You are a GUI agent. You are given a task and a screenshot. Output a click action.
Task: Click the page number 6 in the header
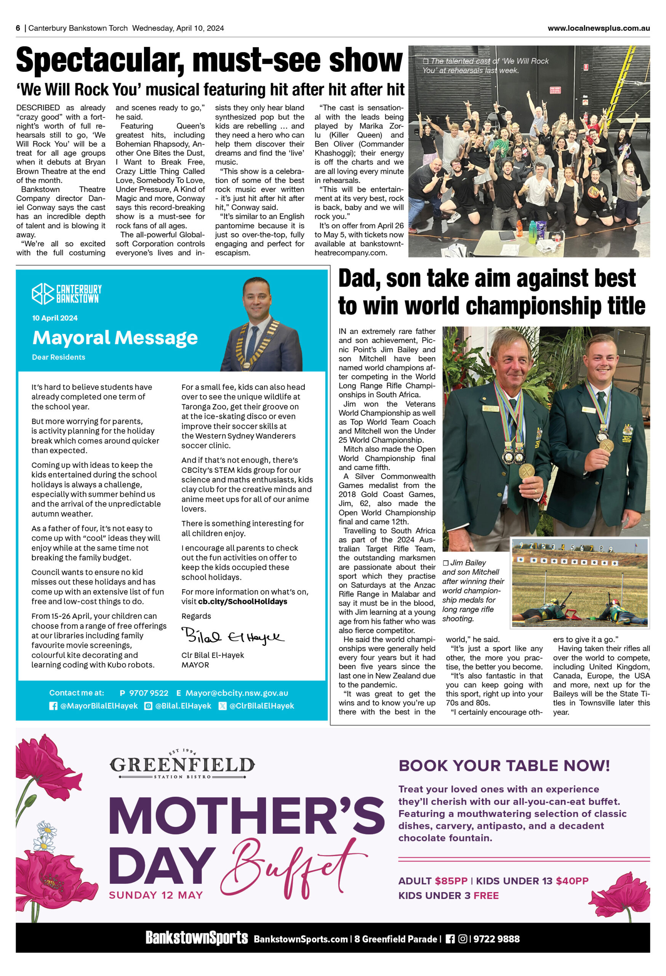pos(18,28)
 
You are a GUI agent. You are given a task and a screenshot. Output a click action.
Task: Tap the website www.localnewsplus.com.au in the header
pos(599,28)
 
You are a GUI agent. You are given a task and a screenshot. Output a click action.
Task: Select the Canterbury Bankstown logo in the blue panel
pos(67,294)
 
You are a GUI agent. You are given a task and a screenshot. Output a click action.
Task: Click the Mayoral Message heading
pos(115,338)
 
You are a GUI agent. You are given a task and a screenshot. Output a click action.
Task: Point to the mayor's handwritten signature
pos(232,637)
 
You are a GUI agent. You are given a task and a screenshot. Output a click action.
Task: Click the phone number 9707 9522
pos(149,693)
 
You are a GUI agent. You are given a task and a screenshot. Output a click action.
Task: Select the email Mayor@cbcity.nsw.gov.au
pos(237,693)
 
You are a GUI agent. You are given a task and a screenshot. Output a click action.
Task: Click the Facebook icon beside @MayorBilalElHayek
pos(53,706)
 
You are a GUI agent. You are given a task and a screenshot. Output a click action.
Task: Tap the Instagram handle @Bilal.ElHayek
pos(183,706)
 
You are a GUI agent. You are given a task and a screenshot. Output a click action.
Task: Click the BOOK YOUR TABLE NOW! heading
pos(504,766)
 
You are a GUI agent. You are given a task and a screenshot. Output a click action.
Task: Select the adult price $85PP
pos(451,881)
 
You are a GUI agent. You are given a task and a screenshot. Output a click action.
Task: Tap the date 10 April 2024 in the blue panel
pos(55,318)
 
